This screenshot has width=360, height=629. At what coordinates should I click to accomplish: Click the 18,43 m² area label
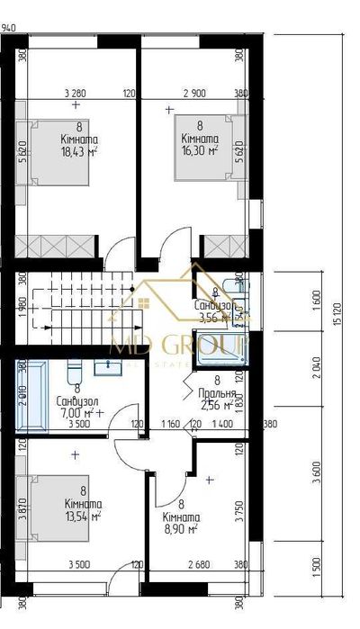(x=79, y=152)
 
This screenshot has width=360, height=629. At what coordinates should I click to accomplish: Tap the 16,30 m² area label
(x=200, y=150)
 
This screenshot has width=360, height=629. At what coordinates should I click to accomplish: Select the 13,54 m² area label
(x=80, y=517)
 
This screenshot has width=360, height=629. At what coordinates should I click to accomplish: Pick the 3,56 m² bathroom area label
(x=216, y=317)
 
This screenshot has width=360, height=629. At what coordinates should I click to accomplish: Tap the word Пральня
(x=219, y=393)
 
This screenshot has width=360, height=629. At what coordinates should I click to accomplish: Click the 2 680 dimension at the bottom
(x=195, y=565)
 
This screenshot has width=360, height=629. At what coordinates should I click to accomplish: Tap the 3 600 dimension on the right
(x=318, y=475)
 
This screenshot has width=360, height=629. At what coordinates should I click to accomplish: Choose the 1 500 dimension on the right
(x=318, y=570)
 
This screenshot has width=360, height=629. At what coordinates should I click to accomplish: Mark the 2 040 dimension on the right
(x=318, y=370)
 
